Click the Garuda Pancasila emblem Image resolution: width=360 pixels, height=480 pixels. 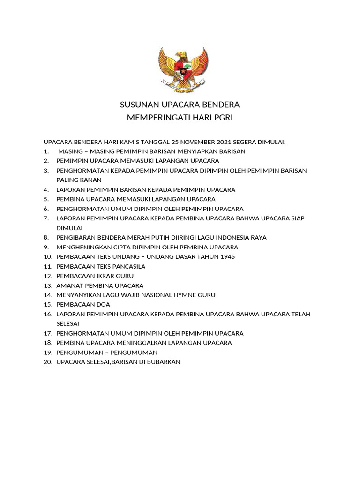(x=183, y=70)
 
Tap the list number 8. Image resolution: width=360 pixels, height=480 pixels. (x=46, y=238)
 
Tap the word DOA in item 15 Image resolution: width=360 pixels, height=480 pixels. (x=103, y=305)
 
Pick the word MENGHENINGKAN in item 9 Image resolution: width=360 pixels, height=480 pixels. (x=82, y=247)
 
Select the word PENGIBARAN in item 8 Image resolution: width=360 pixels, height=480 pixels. (x=75, y=238)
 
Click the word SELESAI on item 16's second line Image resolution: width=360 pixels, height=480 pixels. (x=68, y=324)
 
